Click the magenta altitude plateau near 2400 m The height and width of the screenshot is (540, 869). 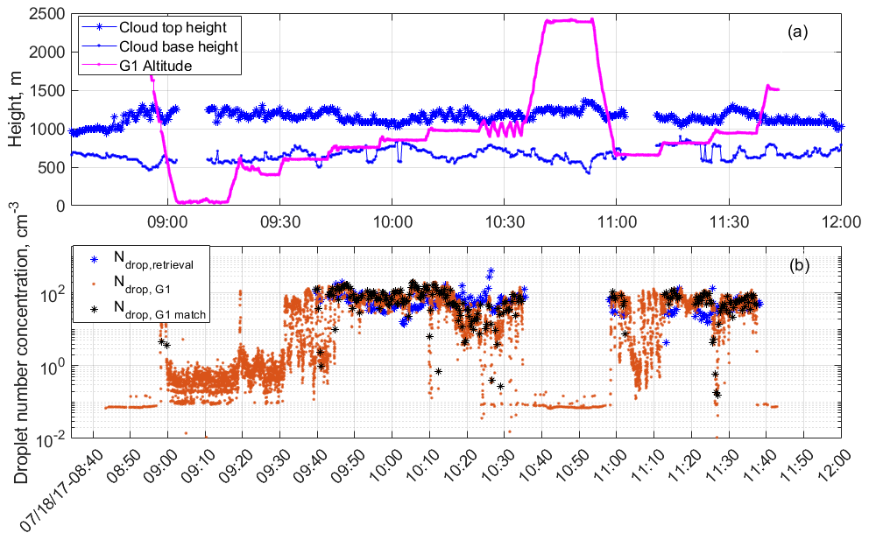coord(569,20)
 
